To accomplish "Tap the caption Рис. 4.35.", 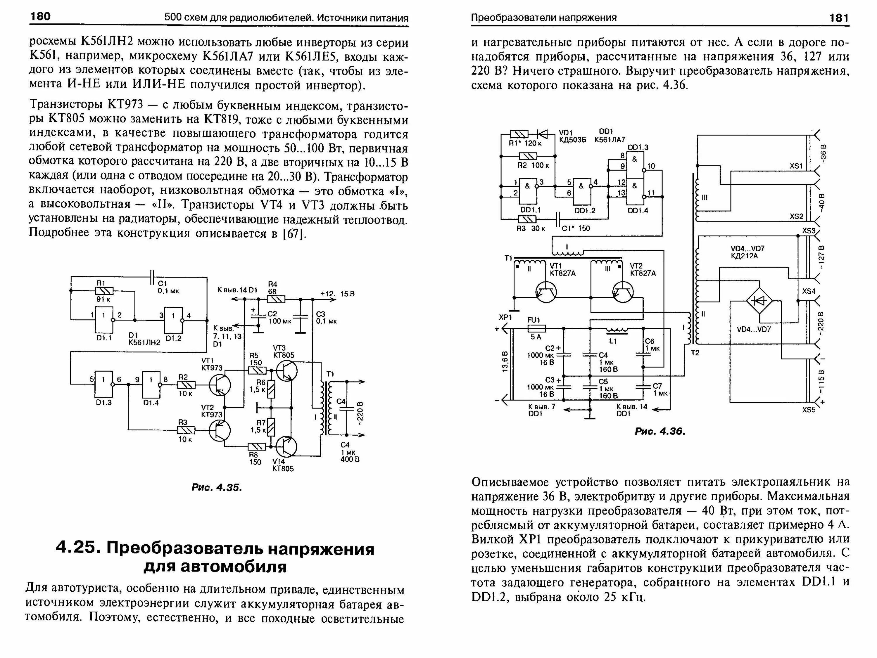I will pos(217,487).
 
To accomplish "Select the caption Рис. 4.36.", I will pos(660,431).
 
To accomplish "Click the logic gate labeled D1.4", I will pos(151,385).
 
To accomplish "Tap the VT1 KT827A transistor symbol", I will pos(546,292).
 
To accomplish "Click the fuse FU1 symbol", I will pos(536,328).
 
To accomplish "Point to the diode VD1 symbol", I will pos(542,134).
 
